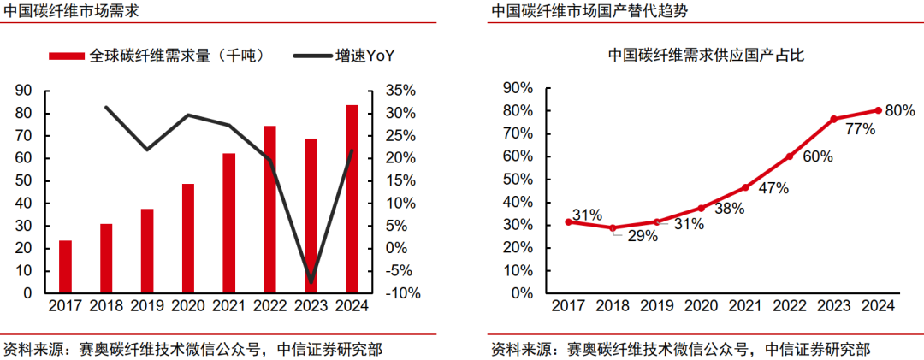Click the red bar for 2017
pyautogui.click(x=66, y=267)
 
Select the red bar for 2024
pyautogui.click(x=352, y=199)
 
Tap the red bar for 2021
pyautogui.click(x=229, y=223)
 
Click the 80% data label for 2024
pyautogui.click(x=899, y=110)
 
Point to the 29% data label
pyautogui.click(x=642, y=236)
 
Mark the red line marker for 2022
pyautogui.click(x=790, y=156)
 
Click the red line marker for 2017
pyautogui.click(x=569, y=222)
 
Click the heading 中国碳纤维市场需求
pyautogui.click(x=71, y=11)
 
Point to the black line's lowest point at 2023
pyautogui.click(x=311, y=281)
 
